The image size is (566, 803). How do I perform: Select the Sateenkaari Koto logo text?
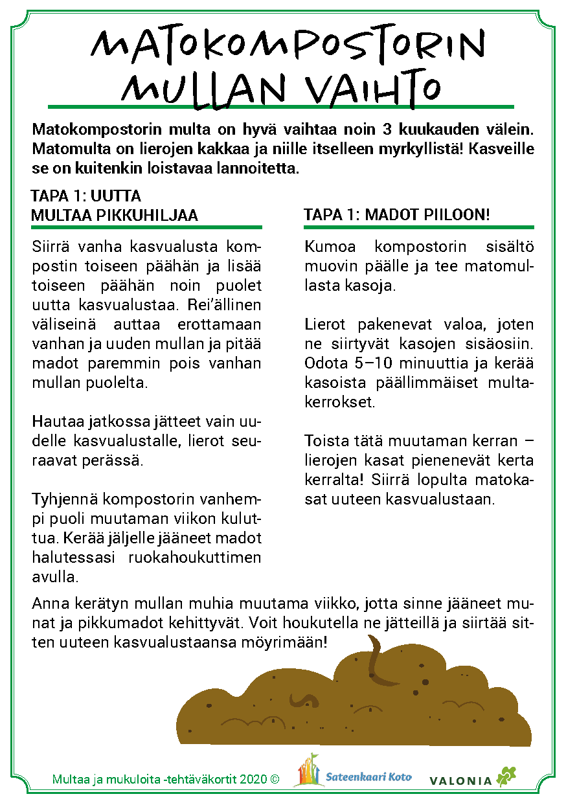(369, 777)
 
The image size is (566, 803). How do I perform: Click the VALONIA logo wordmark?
(460, 780)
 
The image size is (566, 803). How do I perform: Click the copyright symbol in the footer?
(275, 780)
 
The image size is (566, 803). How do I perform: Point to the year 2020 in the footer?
(253, 780)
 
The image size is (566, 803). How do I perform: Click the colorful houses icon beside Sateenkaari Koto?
(309, 771)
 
